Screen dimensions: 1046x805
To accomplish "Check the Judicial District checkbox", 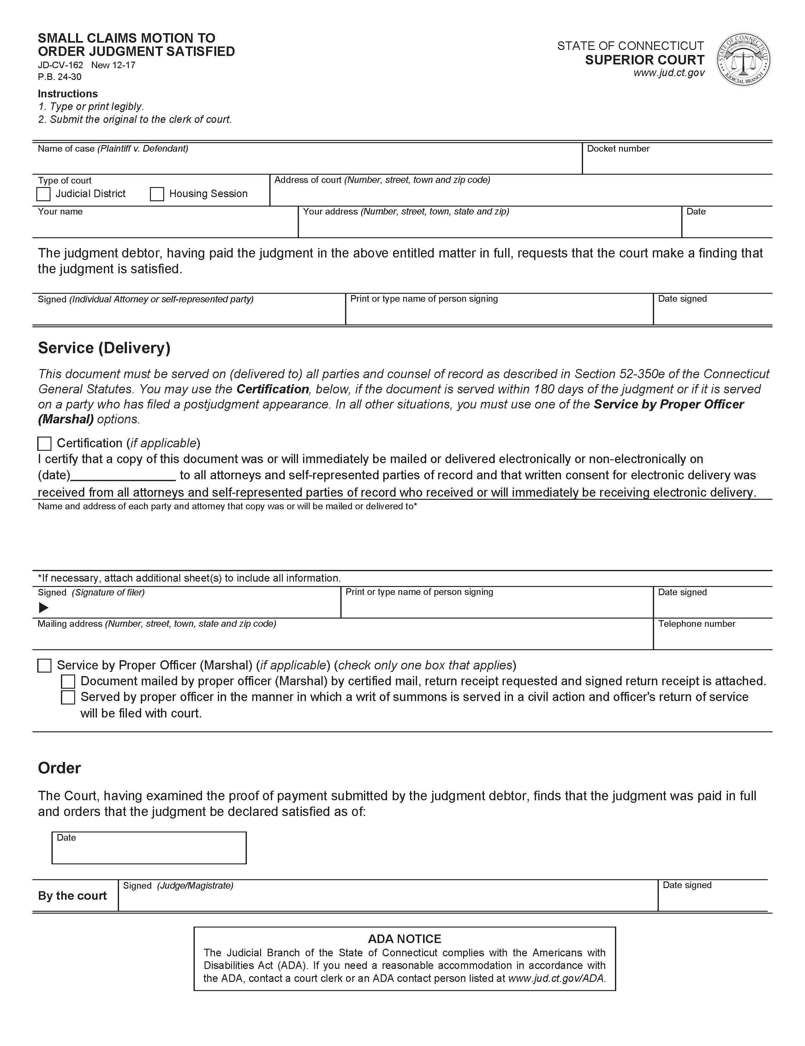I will [x=44, y=194].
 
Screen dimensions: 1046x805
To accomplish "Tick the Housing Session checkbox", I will [x=157, y=194].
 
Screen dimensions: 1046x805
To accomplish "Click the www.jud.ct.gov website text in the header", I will [x=669, y=73].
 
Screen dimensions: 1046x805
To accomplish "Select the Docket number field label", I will [x=618, y=149].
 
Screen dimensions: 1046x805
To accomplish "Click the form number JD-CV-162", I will [x=60, y=65].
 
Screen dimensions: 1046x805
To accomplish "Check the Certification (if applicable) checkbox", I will [x=45, y=444].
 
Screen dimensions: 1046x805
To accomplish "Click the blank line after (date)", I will [x=123, y=475].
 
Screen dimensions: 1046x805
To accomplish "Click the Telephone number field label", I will [x=696, y=624].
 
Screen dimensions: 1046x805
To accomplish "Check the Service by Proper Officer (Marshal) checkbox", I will [x=45, y=666].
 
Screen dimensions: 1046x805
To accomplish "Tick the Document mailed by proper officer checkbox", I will [x=69, y=681].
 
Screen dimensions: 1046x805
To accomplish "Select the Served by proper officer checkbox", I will [x=69, y=697].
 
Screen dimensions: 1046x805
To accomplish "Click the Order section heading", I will [x=59, y=768].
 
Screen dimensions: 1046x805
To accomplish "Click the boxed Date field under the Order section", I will [x=149, y=848].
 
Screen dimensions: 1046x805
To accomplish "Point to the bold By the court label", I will [x=72, y=896].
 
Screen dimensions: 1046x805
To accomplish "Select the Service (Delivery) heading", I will [x=104, y=348].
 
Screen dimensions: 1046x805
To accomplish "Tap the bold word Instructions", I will [x=68, y=94].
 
